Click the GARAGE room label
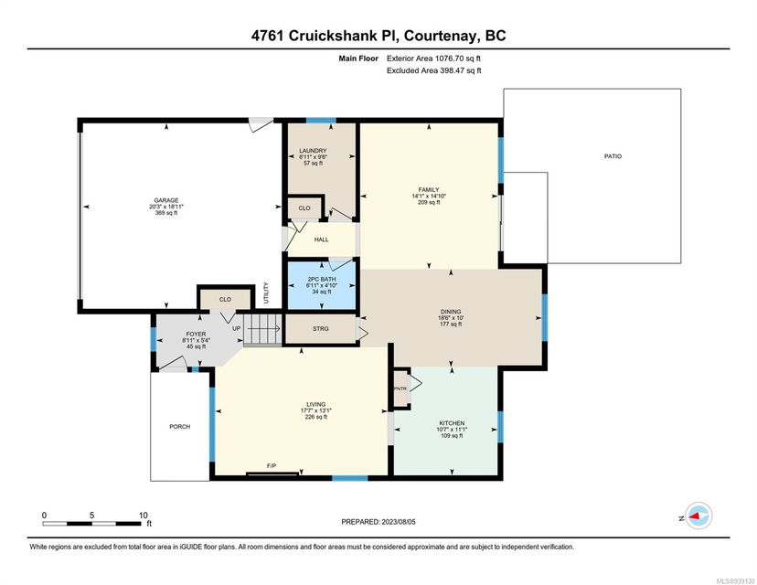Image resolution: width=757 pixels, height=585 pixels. tap(166, 200)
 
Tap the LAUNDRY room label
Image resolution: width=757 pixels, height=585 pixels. tap(313, 151)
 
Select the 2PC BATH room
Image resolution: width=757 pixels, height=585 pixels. tap(322, 285)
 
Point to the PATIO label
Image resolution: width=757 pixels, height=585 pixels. tap(613, 156)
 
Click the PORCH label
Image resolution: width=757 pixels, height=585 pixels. tap(179, 427)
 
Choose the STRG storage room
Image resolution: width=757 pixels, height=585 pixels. tap(321, 329)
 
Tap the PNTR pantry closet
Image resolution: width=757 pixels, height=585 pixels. tap(400, 388)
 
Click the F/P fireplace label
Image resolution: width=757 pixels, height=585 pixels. tap(272, 466)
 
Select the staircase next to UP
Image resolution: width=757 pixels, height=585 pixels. tap(262, 329)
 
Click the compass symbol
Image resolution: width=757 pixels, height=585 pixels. tap(699, 516)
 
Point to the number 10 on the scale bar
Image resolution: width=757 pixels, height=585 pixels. tap(143, 515)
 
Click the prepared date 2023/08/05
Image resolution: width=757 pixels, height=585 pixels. tap(399, 522)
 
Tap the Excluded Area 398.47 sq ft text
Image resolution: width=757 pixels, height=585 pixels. tap(434, 70)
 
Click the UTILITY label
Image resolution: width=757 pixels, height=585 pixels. tap(266, 293)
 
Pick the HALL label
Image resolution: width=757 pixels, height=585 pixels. tap(322, 239)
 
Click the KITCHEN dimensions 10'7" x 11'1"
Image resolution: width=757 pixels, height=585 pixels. tap(452, 429)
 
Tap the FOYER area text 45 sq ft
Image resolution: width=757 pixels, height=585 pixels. tap(196, 346)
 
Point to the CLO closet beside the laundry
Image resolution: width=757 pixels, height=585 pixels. tap(304, 208)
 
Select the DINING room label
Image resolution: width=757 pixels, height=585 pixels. tap(451, 312)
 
